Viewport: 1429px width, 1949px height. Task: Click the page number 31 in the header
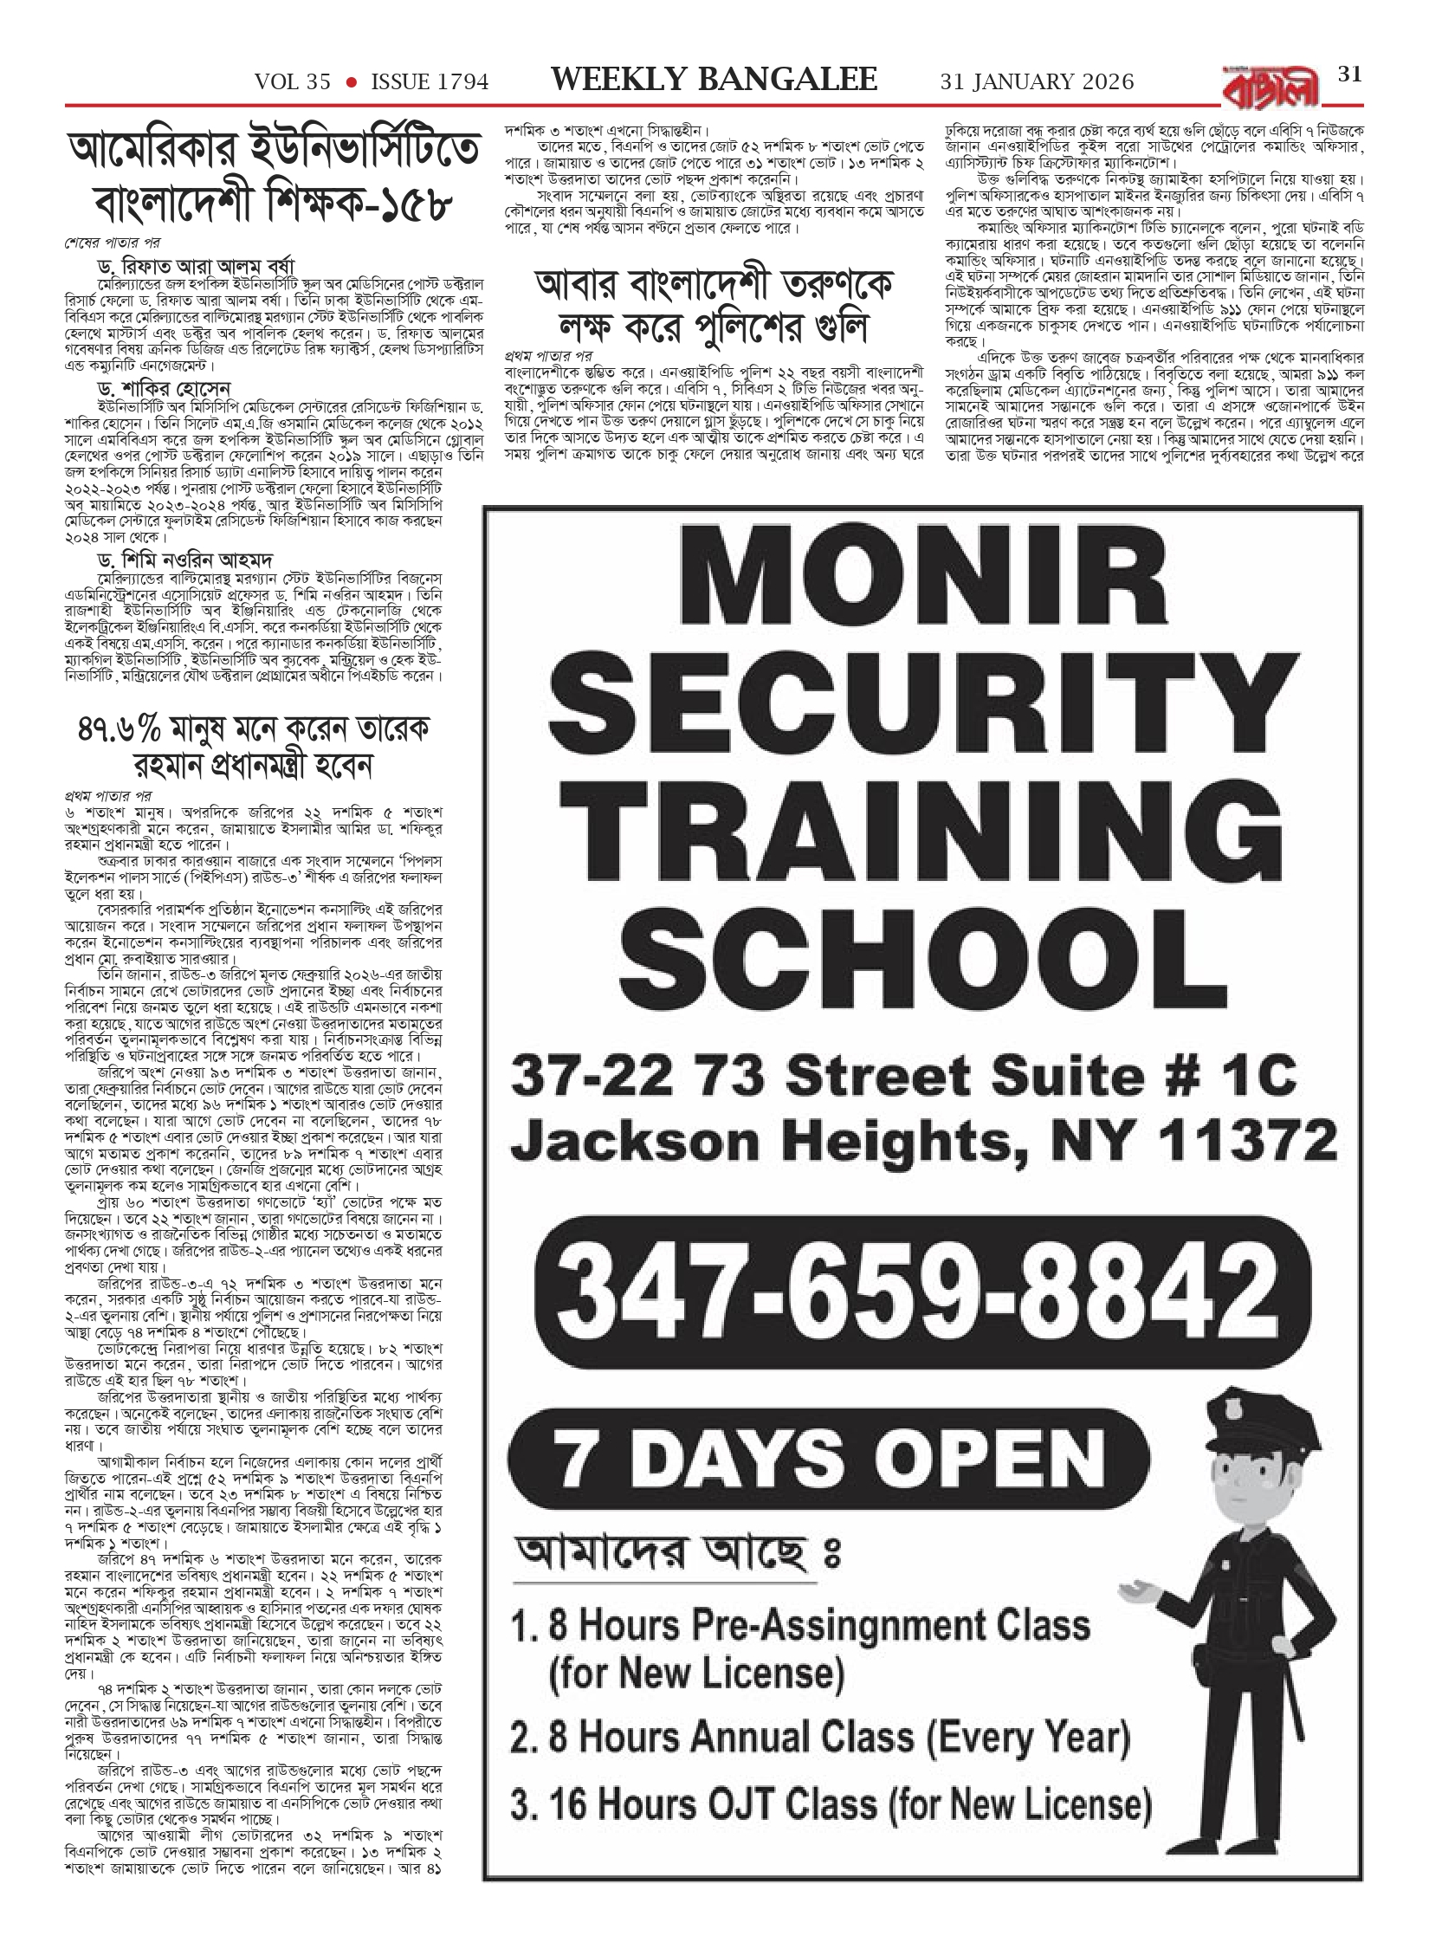(1350, 75)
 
